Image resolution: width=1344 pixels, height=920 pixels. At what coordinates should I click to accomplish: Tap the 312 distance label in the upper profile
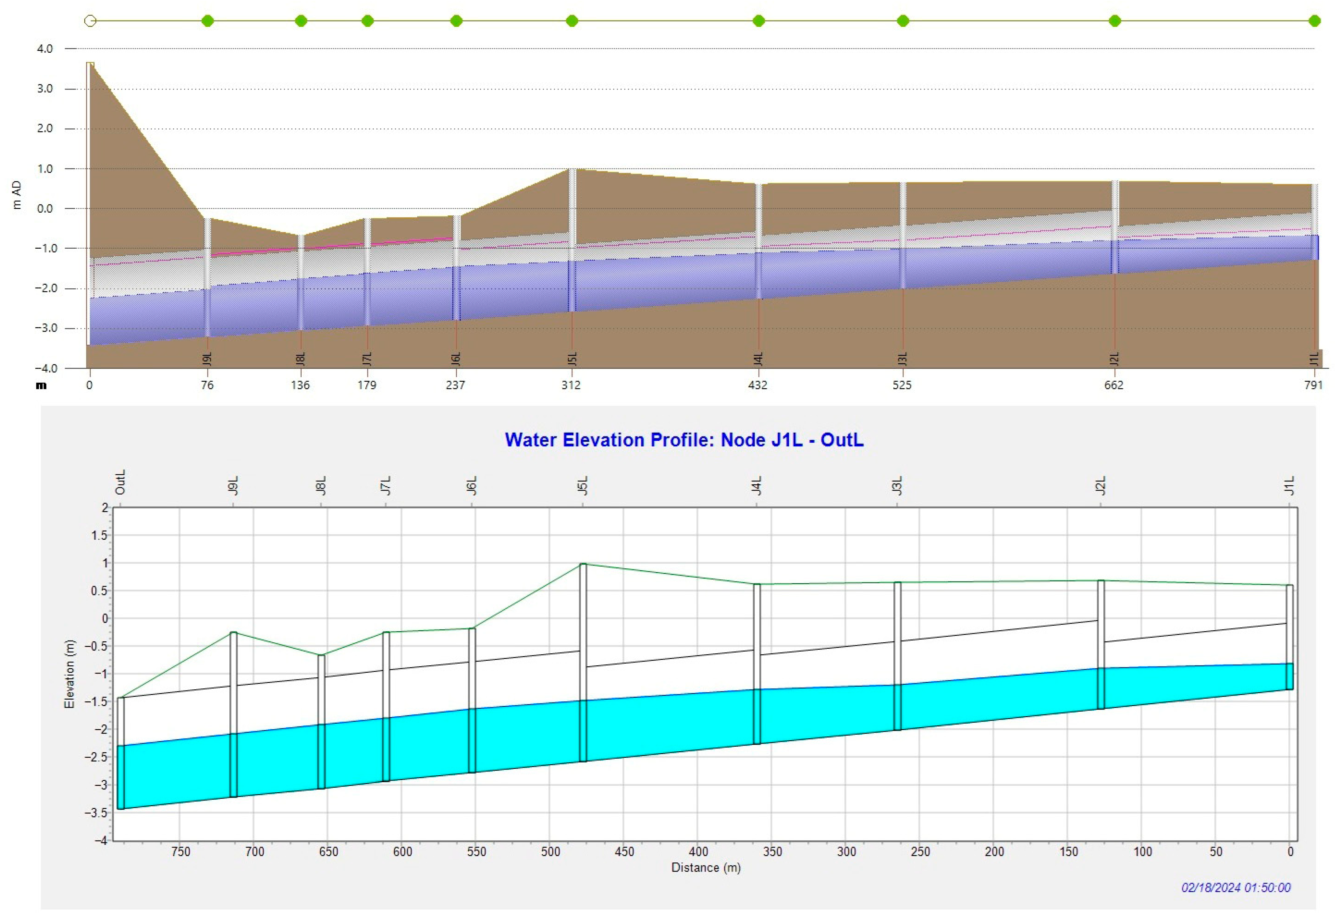571,385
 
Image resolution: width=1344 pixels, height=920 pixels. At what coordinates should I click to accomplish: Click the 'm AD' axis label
17,195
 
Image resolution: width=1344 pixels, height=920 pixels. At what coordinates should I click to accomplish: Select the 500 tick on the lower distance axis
550,852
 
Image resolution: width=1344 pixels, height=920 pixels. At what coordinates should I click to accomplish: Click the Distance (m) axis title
705,867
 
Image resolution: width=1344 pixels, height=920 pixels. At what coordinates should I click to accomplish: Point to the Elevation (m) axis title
69,674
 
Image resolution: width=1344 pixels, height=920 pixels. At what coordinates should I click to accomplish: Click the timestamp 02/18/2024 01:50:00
1235,888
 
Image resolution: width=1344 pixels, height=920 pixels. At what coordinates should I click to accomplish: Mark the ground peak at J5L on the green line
583,564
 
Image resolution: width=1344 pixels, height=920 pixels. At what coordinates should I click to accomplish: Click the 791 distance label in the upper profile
1313,385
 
